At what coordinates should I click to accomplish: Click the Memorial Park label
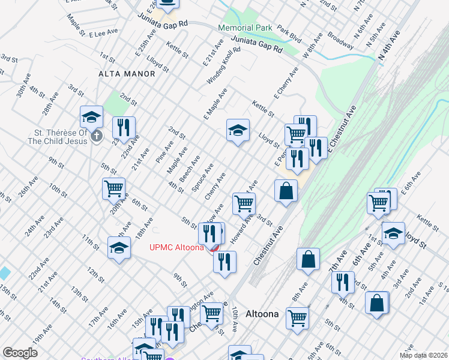245,28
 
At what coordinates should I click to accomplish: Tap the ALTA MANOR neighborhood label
127,74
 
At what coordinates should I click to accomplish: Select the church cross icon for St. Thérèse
96,137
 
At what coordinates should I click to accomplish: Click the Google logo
20,353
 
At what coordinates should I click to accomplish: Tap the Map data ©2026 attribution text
423,355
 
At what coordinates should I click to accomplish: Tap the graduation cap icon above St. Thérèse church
91,116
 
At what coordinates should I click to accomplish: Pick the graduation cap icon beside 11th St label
119,247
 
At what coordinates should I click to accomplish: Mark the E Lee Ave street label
98,34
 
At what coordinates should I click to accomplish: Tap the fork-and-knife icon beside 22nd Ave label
124,127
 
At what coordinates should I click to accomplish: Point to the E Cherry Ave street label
286,83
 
